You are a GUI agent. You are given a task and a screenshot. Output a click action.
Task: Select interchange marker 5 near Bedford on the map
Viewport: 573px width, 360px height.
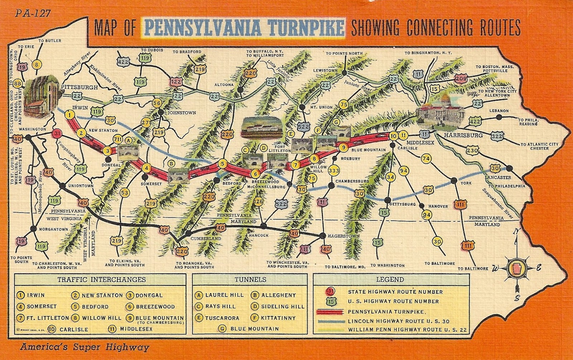[223, 164]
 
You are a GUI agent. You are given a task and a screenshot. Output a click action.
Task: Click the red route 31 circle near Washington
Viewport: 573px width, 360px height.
[57, 134]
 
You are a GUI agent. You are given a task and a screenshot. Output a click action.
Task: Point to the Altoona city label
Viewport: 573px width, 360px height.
[224, 85]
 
